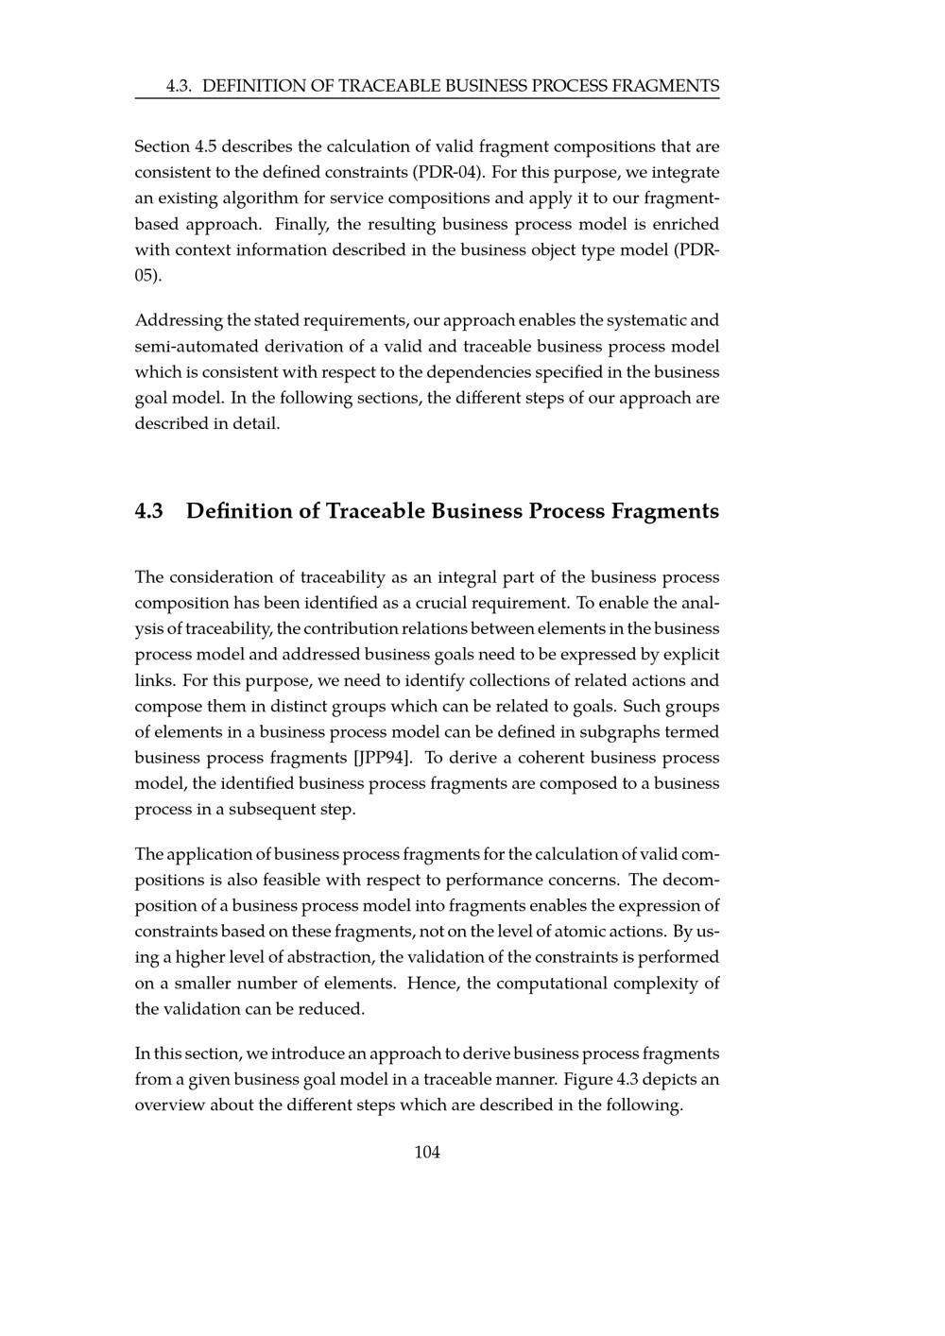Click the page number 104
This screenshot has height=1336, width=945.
point(427,1152)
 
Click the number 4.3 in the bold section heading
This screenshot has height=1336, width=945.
point(149,511)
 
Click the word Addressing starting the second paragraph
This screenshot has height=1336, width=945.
point(178,320)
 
